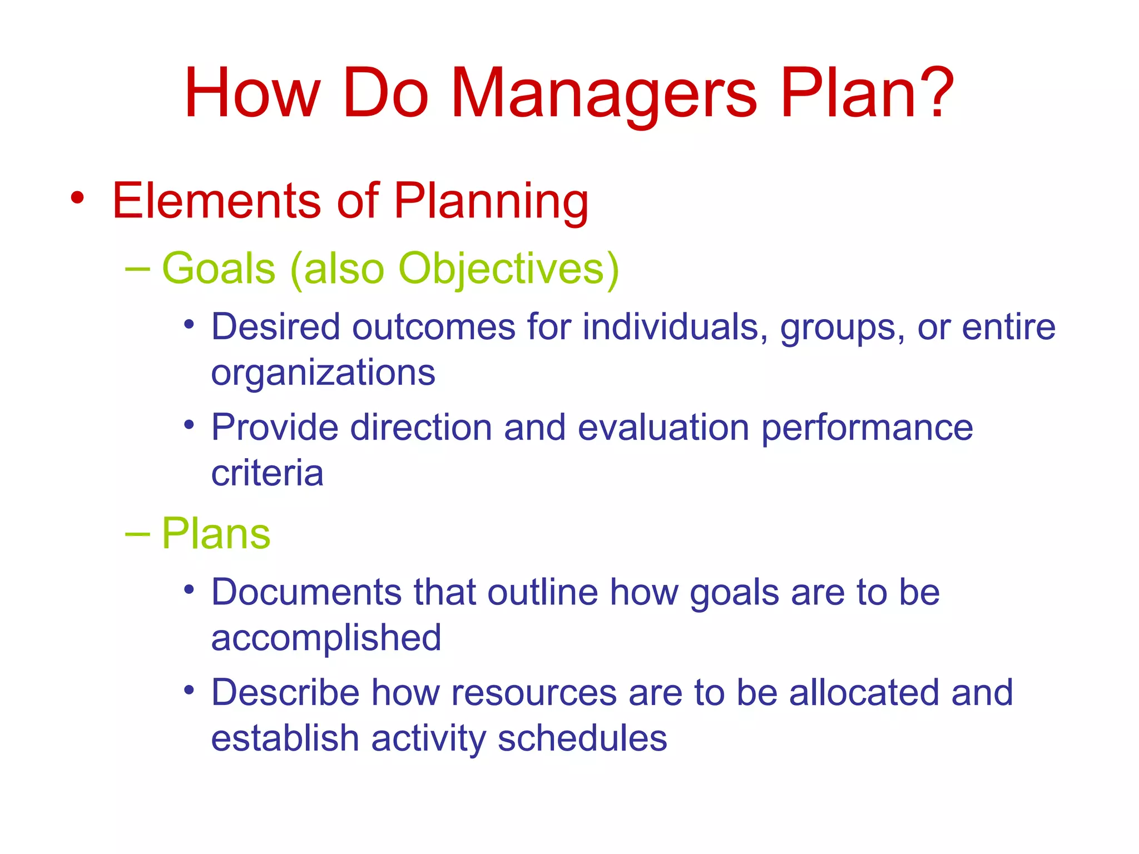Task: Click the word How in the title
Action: pyautogui.click(x=253, y=93)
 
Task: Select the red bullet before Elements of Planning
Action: pyautogui.click(x=78, y=198)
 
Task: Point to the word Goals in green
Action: pyautogui.click(x=219, y=269)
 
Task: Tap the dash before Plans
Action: pyautogui.click(x=137, y=534)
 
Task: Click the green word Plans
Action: pyautogui.click(x=216, y=534)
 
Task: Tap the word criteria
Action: pyautogui.click(x=267, y=474)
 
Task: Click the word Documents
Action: pyautogui.click(x=306, y=592)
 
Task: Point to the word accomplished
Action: pyautogui.click(x=326, y=638)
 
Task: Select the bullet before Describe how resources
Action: pyautogui.click(x=190, y=690)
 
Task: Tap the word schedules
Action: pyautogui.click(x=582, y=739)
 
